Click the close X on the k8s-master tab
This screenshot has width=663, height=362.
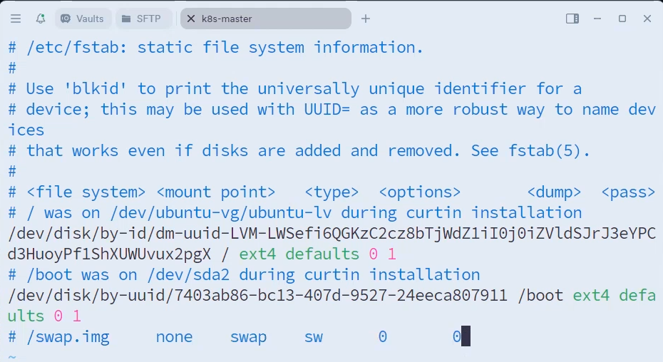pos(191,19)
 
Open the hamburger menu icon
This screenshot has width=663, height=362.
pos(16,19)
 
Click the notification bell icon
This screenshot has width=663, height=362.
pos(40,19)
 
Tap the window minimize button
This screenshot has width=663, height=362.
pos(597,19)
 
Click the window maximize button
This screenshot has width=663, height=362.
pos(622,19)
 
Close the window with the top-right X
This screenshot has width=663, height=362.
pos(647,19)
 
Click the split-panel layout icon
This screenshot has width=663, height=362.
pos(572,19)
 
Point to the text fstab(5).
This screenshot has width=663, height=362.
pos(549,151)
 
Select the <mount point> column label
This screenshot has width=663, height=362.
pos(215,192)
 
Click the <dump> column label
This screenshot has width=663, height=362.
pos(554,192)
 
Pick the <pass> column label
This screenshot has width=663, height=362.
pos(628,192)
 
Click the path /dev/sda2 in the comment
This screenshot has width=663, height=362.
pos(192,275)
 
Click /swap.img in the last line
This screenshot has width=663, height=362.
pos(68,337)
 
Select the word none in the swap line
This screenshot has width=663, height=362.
pos(174,337)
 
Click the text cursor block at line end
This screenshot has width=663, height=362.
pos(466,337)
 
